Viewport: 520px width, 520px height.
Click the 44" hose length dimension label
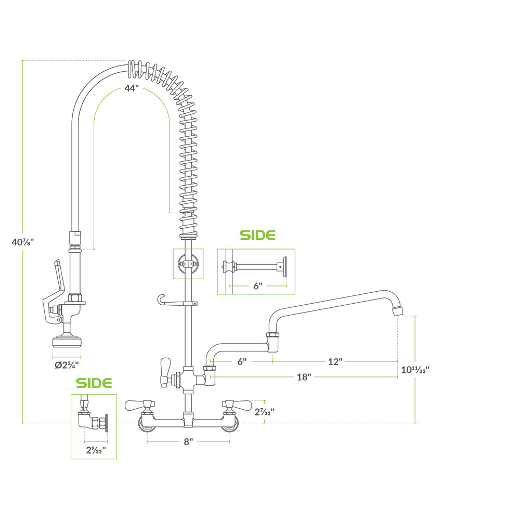tap(132, 88)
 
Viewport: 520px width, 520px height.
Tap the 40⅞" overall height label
tap(23, 242)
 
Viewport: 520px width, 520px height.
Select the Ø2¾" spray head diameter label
tap(67, 365)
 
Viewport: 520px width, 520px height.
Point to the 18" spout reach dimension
tap(304, 377)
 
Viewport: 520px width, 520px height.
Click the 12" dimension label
tap(335, 361)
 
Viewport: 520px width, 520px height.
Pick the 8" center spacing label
tap(188, 441)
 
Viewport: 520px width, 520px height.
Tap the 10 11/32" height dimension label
tap(415, 370)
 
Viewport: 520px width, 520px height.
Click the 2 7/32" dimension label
tap(264, 412)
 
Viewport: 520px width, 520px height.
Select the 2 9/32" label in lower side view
tap(96, 450)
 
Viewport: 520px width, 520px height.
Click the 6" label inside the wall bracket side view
tap(258, 286)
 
